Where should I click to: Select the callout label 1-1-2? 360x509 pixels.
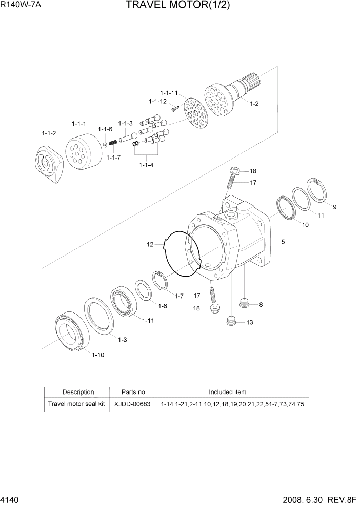click(49, 133)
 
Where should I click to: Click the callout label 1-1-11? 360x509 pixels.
click(168, 93)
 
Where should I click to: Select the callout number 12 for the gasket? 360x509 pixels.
click(150, 245)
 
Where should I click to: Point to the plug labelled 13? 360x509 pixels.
click(232, 321)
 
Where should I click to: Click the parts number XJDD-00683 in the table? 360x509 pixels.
click(132, 404)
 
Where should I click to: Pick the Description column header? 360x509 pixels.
click(78, 392)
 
